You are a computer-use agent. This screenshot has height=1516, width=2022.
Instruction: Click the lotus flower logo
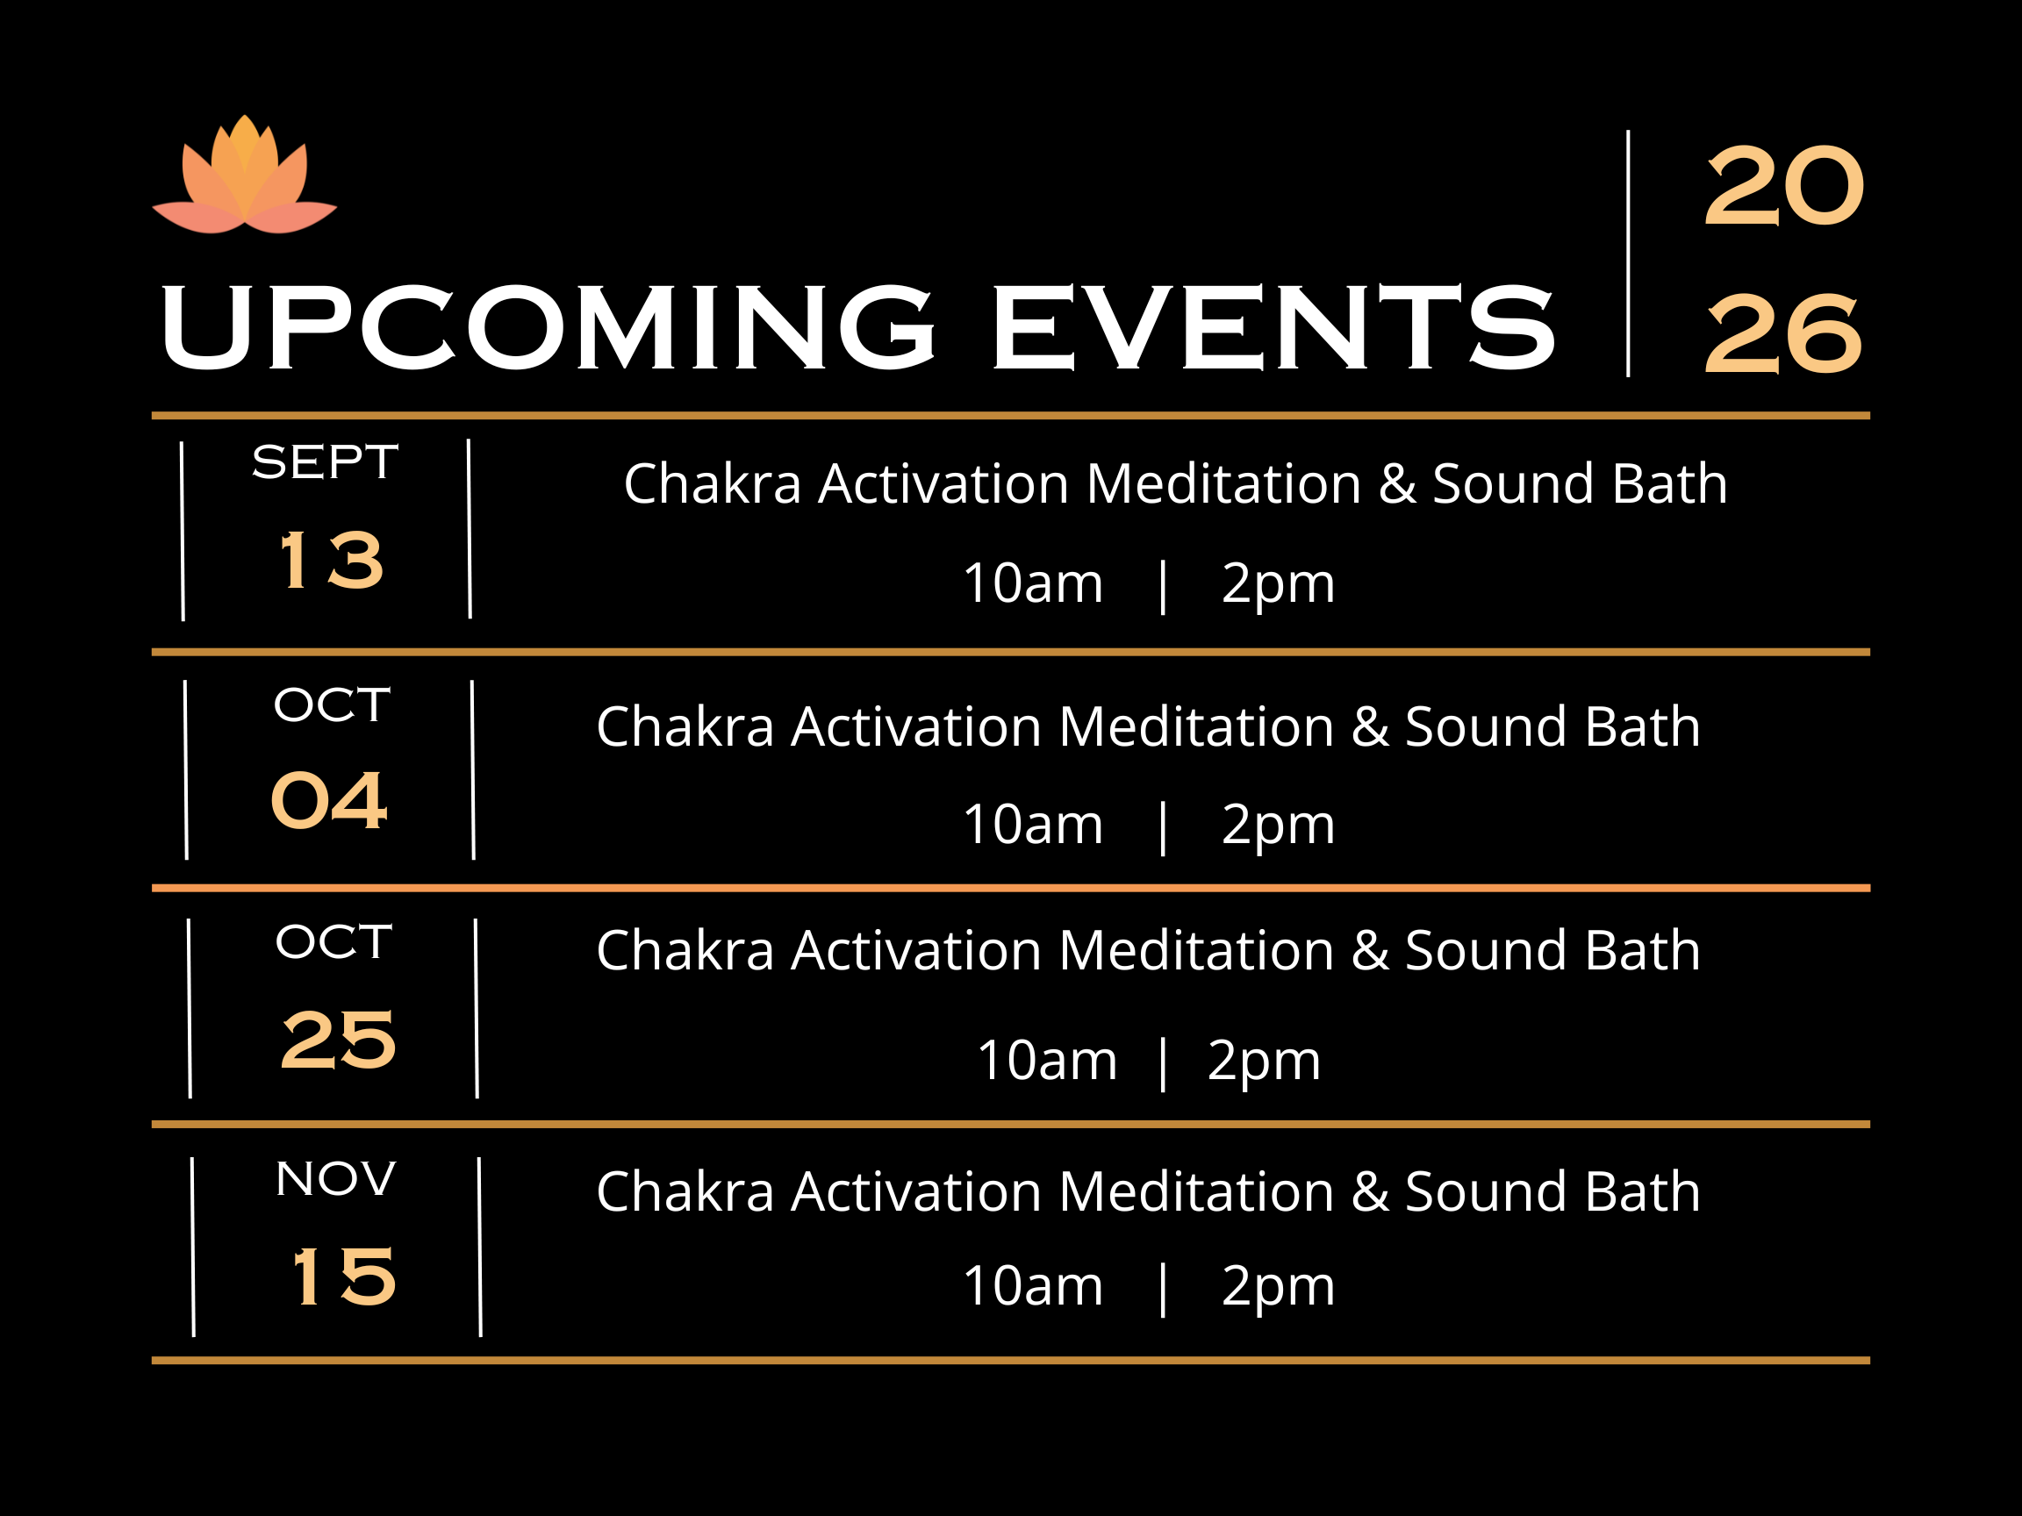pyautogui.click(x=244, y=175)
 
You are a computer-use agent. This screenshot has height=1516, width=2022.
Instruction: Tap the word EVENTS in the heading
pyautogui.click(x=1273, y=327)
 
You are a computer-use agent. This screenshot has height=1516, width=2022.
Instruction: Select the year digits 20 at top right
pyautogui.click(x=1783, y=186)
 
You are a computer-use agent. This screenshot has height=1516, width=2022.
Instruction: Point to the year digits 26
pyautogui.click(x=1783, y=334)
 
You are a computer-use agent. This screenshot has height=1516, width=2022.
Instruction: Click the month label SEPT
pyautogui.click(x=325, y=462)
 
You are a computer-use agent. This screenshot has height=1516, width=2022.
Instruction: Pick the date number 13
pyautogui.click(x=331, y=560)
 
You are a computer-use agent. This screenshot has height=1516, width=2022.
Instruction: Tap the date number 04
pyautogui.click(x=329, y=800)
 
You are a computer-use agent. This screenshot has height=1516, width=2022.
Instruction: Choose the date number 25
pyautogui.click(x=338, y=1040)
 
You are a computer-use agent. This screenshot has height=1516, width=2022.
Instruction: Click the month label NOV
pyautogui.click(x=335, y=1179)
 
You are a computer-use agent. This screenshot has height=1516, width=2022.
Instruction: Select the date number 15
pyautogui.click(x=344, y=1276)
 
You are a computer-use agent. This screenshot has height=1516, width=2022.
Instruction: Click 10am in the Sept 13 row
pyautogui.click(x=1033, y=583)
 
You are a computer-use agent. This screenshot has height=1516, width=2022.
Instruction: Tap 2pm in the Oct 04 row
pyautogui.click(x=1278, y=826)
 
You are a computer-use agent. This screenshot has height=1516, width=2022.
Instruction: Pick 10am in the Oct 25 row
pyautogui.click(x=1047, y=1061)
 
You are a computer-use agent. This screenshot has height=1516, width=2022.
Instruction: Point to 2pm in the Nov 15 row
pyautogui.click(x=1278, y=1289)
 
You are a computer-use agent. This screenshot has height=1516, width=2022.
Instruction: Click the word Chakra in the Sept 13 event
pyautogui.click(x=712, y=483)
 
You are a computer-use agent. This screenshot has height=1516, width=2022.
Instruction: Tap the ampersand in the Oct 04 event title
pyautogui.click(x=1370, y=727)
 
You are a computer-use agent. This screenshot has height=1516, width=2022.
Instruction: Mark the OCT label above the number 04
pyautogui.click(x=332, y=705)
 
